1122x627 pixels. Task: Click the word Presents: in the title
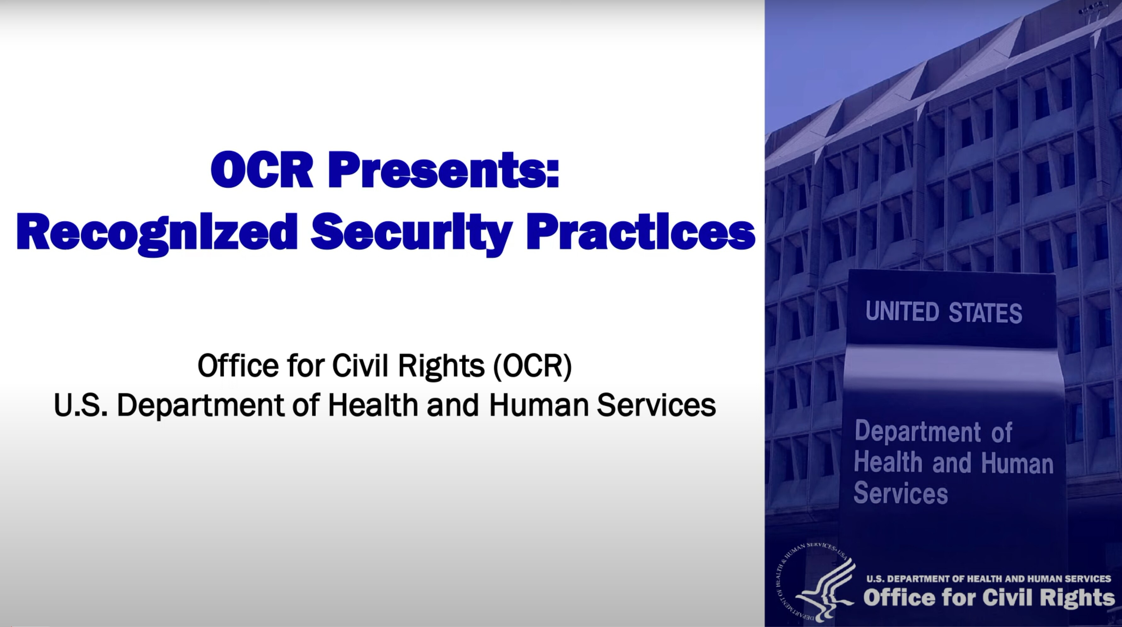[443, 171]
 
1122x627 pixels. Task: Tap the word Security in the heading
[411, 233]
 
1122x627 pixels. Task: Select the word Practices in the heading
[640, 233]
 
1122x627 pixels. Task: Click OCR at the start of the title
[261, 171]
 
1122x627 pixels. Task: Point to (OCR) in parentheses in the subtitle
[532, 366]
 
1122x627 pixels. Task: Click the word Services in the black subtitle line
[656, 405]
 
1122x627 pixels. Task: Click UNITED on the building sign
[902, 312]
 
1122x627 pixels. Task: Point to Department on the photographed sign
[917, 432]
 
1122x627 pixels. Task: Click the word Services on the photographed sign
[901, 494]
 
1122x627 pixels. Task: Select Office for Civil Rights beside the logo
[989, 597]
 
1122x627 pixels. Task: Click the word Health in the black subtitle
[373, 405]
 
